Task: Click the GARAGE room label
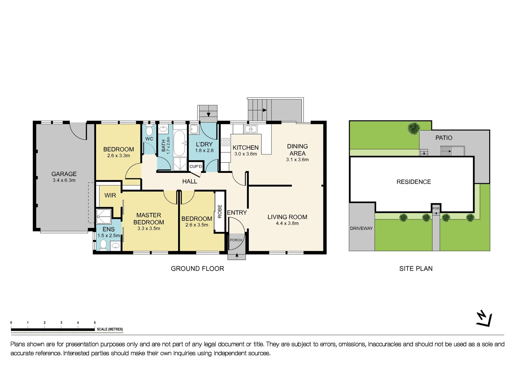click(64, 174)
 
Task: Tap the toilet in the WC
click(149, 131)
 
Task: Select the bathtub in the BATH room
click(179, 143)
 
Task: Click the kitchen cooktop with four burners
click(226, 142)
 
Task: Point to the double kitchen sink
click(251, 129)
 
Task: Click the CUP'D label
click(196, 166)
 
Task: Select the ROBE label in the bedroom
click(220, 211)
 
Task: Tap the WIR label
click(110, 195)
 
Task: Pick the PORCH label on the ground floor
click(236, 240)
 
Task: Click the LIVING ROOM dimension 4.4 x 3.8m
click(287, 223)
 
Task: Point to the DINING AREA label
click(297, 150)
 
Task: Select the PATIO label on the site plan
click(444, 138)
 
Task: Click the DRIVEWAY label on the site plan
click(361, 228)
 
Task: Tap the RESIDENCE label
click(414, 182)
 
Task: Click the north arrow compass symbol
click(484, 318)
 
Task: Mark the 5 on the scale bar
click(95, 323)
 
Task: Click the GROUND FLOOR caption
click(197, 269)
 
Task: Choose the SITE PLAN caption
click(416, 269)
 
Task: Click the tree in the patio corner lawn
click(414, 128)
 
